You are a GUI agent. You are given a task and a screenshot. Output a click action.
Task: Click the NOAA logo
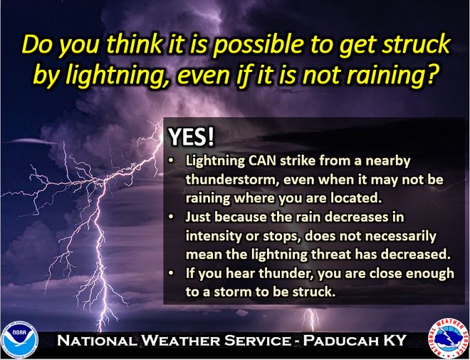tap(19, 339)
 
